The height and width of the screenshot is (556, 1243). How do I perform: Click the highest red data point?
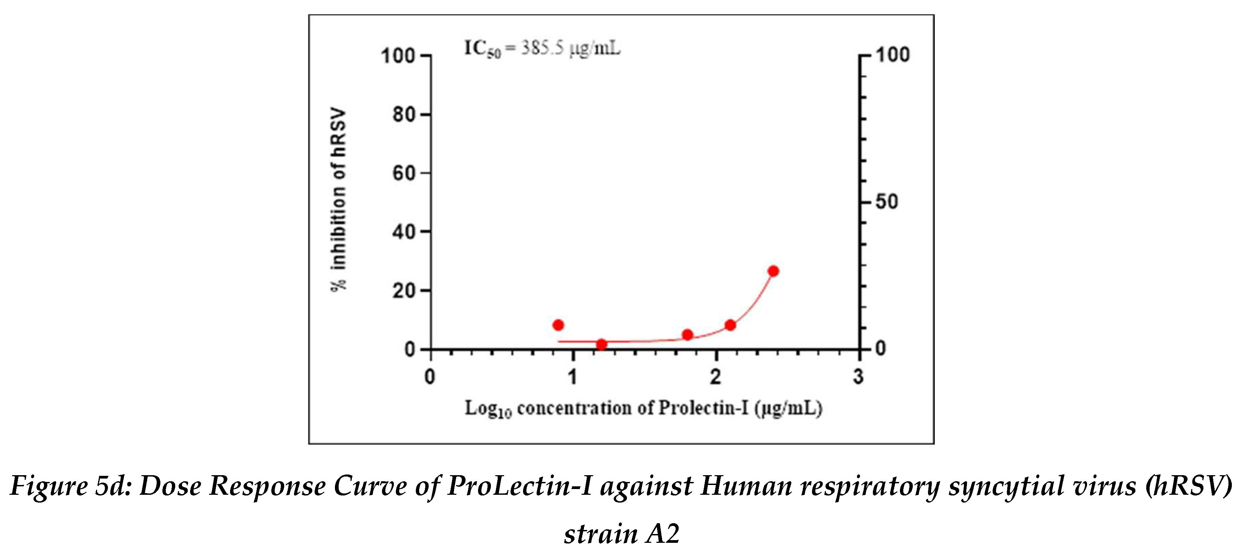(773, 271)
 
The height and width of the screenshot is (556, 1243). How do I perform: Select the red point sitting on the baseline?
(601, 344)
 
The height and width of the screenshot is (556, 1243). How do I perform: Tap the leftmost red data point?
(558, 325)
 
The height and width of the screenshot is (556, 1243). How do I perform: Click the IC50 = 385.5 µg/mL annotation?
(542, 49)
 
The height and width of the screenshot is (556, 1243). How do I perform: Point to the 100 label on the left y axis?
(398, 56)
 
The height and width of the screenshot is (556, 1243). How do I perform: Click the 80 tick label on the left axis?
(404, 115)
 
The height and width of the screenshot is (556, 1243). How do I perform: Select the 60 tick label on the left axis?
(404, 173)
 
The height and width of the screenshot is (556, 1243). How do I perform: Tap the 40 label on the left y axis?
(404, 232)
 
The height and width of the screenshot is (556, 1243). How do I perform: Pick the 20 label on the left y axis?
(404, 291)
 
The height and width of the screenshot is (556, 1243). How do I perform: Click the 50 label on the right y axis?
(887, 202)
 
